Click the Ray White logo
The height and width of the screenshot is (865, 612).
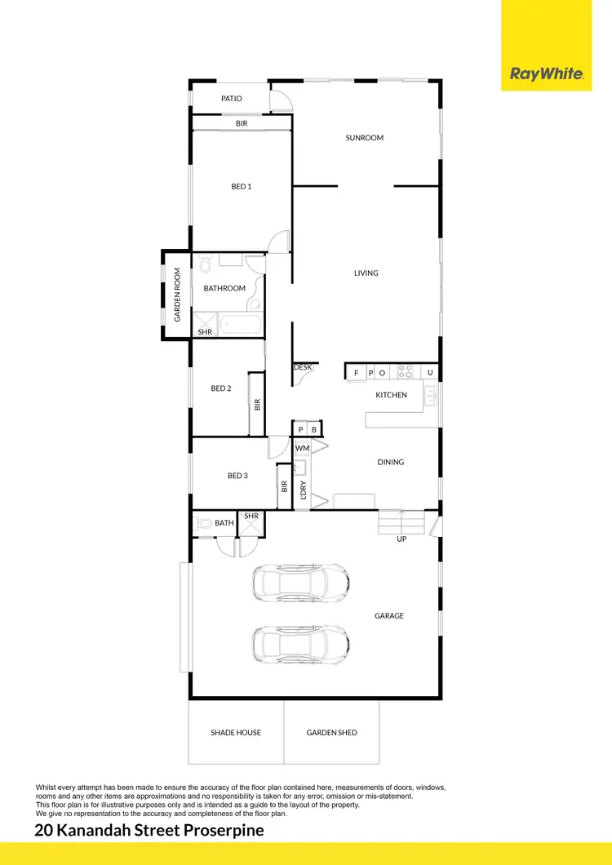(x=546, y=73)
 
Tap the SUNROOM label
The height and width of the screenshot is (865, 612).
(x=365, y=138)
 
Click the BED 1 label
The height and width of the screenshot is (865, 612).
(x=242, y=187)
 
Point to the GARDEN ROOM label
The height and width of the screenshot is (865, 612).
(x=176, y=295)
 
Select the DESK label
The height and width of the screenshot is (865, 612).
(x=303, y=368)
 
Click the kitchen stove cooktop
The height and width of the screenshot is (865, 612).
(x=405, y=372)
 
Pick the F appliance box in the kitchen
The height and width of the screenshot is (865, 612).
(x=356, y=373)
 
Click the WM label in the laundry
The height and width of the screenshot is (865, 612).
(x=302, y=448)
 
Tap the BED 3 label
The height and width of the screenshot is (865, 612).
(x=237, y=476)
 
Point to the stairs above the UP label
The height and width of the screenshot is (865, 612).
(x=402, y=522)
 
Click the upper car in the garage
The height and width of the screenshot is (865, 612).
(x=301, y=582)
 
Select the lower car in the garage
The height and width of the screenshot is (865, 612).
(x=301, y=643)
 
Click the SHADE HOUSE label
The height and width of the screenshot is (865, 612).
(x=236, y=733)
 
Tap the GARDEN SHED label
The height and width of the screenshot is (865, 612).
(x=331, y=733)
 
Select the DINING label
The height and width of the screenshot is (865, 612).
(x=391, y=463)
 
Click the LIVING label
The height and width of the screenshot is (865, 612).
(x=366, y=273)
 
